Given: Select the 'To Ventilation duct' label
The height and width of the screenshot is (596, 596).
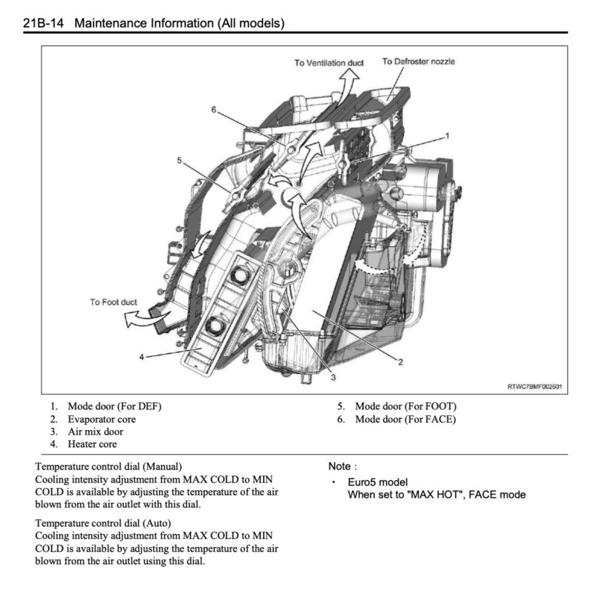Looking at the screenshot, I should coord(329,63).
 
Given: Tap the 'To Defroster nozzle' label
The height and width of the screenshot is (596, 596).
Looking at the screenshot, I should coord(418,61).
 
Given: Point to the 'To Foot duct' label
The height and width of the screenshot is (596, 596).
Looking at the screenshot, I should coord(113,302).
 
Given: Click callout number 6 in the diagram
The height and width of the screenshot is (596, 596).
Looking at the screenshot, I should coord(214,109).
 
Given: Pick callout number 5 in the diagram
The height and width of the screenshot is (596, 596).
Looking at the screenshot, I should coord(178,159).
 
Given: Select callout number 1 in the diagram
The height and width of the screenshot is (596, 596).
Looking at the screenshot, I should coord(447,135).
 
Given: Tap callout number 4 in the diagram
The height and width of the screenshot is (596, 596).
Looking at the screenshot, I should coord(141,356).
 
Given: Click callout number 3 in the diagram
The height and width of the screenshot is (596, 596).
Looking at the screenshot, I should coord(333,377).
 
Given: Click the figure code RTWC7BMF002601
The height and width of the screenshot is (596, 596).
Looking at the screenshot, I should coord(534,387).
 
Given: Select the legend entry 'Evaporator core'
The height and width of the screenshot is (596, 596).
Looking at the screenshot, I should coord(101,419).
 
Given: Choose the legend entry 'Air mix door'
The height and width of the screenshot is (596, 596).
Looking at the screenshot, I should coord(95,432).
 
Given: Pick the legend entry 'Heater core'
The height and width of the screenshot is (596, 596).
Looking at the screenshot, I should coord(92,444).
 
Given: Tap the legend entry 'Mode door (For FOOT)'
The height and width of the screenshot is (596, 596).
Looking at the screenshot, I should coord(405,406).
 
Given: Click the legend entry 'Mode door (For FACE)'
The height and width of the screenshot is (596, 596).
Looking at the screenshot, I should coord(405,419).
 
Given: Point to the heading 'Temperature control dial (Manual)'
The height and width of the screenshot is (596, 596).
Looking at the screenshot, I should coord(109,466).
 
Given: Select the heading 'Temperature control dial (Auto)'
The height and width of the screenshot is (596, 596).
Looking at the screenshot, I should coord(103,523).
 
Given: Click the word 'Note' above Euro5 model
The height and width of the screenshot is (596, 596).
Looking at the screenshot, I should coord(339,467).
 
